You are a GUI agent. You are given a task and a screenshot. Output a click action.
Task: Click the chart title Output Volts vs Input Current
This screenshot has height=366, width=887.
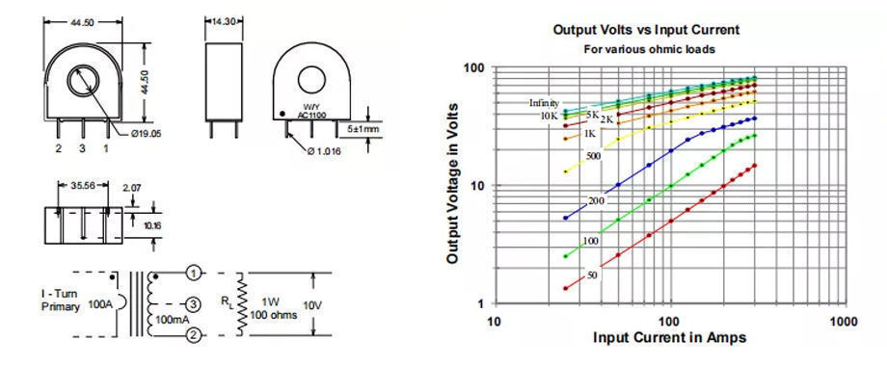pyautogui.click(x=646, y=29)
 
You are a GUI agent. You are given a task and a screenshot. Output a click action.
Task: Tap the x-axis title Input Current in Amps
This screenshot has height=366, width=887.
pyautogui.click(x=669, y=338)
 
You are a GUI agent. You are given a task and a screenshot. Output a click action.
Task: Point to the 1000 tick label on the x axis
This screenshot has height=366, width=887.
pyautogui.click(x=843, y=322)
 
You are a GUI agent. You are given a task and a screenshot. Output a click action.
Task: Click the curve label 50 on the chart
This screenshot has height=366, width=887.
pyautogui.click(x=592, y=275)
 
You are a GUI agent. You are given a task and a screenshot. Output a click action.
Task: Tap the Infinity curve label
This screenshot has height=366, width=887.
pyautogui.click(x=544, y=103)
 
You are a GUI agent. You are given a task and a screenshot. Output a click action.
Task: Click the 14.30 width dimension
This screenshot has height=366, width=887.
pyautogui.click(x=224, y=21)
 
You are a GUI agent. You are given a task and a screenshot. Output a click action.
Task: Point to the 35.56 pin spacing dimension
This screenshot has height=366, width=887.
pyautogui.click(x=83, y=185)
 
